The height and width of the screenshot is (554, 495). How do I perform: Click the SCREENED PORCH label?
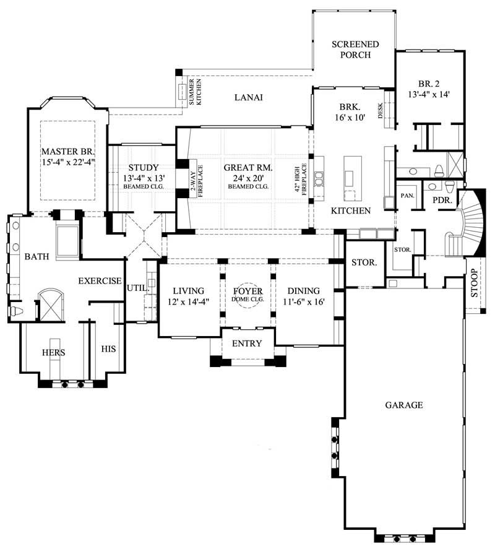pyautogui.click(x=355, y=50)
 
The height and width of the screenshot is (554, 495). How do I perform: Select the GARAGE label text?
pyautogui.click(x=404, y=405)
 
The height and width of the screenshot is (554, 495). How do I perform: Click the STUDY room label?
pyautogui.click(x=144, y=167)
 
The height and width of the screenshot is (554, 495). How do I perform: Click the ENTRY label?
pyautogui.click(x=247, y=344)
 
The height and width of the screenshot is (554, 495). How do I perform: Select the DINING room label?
pyautogui.click(x=303, y=291)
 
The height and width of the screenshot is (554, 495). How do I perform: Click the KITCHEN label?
pyautogui.click(x=350, y=211)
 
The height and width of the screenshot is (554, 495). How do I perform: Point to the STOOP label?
pyautogui.click(x=475, y=283)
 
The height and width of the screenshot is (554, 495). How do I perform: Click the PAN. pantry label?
pyautogui.click(x=408, y=195)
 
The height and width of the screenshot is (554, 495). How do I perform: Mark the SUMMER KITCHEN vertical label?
pyautogui.click(x=195, y=92)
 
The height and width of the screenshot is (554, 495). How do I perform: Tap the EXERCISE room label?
pyautogui.click(x=100, y=281)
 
